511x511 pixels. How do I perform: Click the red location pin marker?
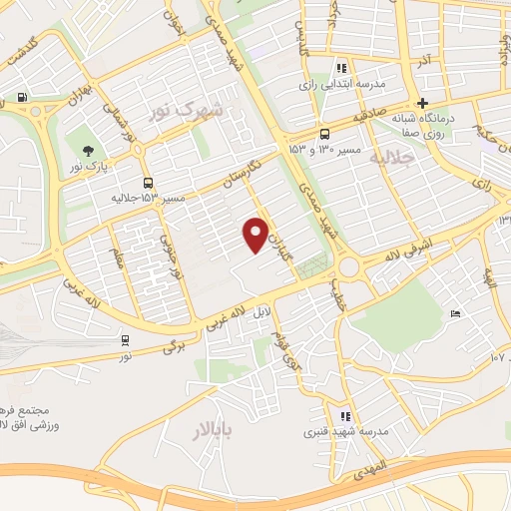pyautogui.click(x=256, y=235)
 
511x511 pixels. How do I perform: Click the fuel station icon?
pyautogui.click(x=22, y=98)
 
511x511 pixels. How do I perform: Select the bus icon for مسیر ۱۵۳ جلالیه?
pyautogui.click(x=149, y=183)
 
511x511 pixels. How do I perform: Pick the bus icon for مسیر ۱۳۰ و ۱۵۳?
pyautogui.click(x=324, y=134)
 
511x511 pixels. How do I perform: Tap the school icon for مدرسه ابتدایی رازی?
pyautogui.click(x=341, y=69)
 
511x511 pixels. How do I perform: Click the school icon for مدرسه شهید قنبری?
pyautogui.click(x=345, y=416)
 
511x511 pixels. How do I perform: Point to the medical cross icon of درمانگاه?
pyautogui.click(x=422, y=103)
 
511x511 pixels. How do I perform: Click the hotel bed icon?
pyautogui.click(x=456, y=315)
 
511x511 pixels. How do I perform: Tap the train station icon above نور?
pyautogui.click(x=125, y=339)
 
